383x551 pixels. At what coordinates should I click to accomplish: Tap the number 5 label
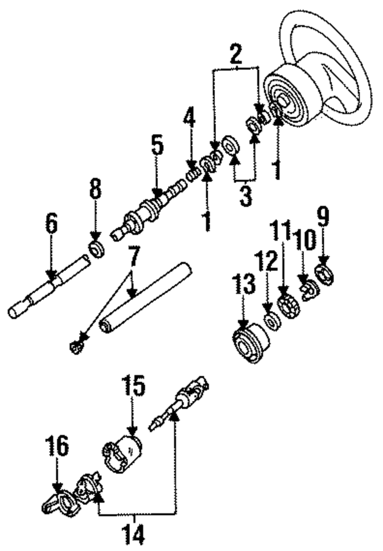157,145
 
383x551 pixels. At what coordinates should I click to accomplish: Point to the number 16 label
57,445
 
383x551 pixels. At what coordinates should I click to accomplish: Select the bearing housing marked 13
250,343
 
